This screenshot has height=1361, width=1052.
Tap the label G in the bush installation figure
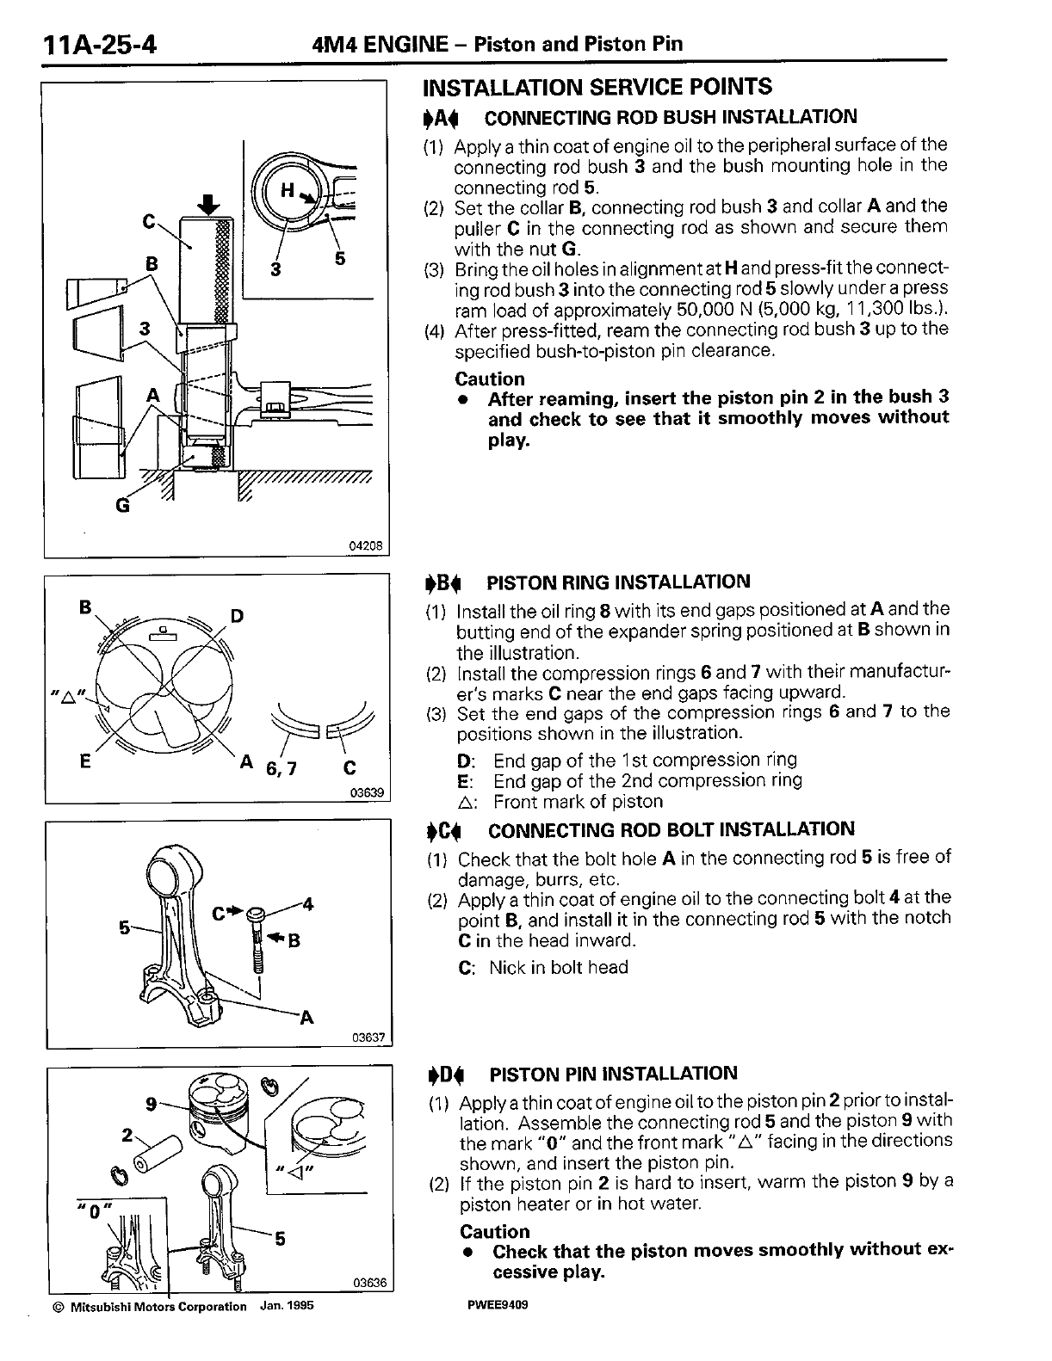click(122, 505)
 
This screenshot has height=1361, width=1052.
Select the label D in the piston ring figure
click(238, 616)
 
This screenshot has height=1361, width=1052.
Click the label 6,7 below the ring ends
click(281, 768)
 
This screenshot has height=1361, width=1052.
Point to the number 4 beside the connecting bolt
click(307, 903)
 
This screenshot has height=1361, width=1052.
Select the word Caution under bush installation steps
click(489, 379)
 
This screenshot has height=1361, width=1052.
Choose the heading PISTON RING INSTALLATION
click(618, 582)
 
